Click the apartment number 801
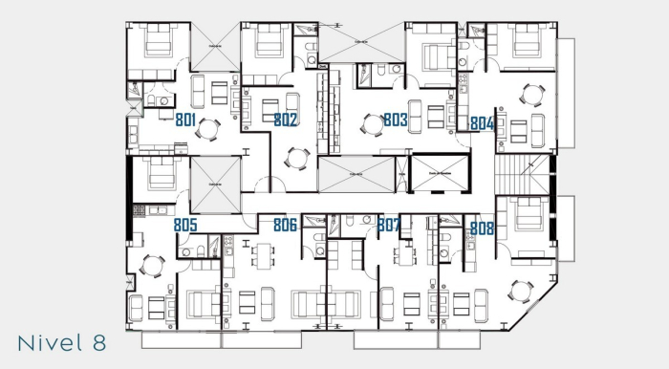click(x=186, y=119)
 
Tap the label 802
click(x=285, y=119)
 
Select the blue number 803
click(x=395, y=120)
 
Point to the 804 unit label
click(x=482, y=123)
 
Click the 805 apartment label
click(x=185, y=226)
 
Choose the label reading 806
click(x=285, y=226)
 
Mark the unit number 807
click(x=388, y=226)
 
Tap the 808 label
click(x=482, y=228)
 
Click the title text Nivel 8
click(x=60, y=341)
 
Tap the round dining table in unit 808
click(x=520, y=291)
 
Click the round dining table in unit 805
click(x=152, y=265)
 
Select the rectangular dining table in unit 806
click(x=263, y=255)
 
